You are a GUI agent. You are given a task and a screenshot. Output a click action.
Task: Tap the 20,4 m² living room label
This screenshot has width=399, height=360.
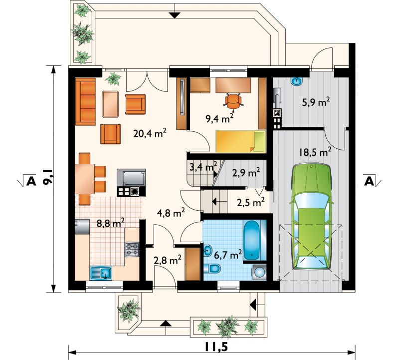pyautogui.click(x=150, y=133)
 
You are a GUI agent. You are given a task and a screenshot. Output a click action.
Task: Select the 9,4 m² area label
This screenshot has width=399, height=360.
pyautogui.click(x=220, y=118)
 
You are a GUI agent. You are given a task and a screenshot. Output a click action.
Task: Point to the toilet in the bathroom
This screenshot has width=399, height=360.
pyautogui.click(x=212, y=269)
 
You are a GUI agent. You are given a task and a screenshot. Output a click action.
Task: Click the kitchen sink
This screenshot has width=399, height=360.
pyautogui.click(x=101, y=273)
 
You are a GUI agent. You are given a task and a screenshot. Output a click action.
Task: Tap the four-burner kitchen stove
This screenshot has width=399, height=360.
pyautogui.click(x=132, y=249)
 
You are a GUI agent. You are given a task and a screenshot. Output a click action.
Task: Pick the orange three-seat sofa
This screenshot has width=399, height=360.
pyautogui.click(x=85, y=102)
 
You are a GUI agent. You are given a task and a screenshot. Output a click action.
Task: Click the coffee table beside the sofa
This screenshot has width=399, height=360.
pyautogui.click(x=110, y=104)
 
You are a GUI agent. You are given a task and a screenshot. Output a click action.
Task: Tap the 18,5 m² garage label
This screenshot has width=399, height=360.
pyautogui.click(x=315, y=152)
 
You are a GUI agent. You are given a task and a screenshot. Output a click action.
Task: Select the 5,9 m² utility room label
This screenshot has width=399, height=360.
pyautogui.click(x=316, y=102)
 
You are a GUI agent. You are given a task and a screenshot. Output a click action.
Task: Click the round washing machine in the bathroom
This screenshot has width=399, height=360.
pyautogui.click(x=259, y=273)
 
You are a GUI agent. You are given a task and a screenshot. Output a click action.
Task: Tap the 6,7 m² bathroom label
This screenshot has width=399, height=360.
pyautogui.click(x=227, y=255)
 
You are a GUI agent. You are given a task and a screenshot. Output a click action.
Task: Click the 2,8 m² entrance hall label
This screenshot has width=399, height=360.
pyautogui.click(x=168, y=260)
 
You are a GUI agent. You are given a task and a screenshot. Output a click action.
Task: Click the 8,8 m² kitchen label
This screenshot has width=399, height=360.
pyautogui.click(x=111, y=223)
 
